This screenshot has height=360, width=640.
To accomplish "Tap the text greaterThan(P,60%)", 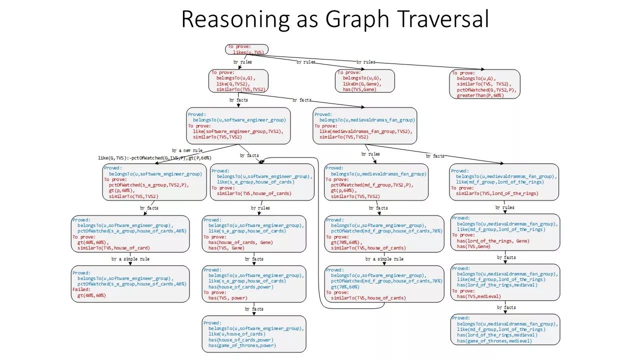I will [480, 95].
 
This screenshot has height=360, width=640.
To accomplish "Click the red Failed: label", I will [81, 289].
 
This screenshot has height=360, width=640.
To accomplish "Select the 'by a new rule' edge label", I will [187, 150].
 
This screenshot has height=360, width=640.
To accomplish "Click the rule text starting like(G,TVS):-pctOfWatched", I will [154, 158].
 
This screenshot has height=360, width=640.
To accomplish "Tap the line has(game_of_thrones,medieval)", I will [494, 341].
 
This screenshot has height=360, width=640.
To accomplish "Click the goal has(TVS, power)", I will [226, 298].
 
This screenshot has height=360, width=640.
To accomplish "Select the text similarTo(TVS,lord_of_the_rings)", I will [497, 193].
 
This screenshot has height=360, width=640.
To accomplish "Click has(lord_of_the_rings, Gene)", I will [493, 241].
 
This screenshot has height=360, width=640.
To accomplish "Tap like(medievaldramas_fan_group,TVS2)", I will [365, 131].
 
